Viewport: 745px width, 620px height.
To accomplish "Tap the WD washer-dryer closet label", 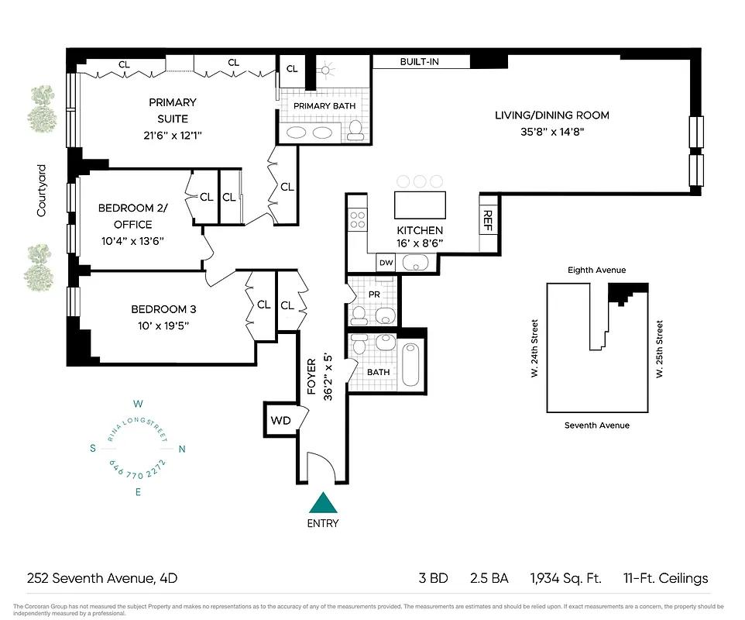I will click(280, 421).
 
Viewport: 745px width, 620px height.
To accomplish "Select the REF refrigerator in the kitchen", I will click(489, 222).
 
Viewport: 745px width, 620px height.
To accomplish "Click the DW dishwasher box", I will click(386, 263).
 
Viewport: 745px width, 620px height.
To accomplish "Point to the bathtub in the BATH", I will click(410, 363).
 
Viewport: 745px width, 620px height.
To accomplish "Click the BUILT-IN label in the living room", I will click(419, 61).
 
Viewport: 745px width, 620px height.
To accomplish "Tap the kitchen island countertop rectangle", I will click(420, 205).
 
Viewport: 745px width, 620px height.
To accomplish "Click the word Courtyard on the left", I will click(42, 190).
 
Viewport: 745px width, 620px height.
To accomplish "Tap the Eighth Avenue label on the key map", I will click(596, 270).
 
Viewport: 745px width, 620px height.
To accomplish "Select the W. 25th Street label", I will click(660, 349).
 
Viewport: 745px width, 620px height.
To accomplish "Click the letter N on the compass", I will click(182, 449).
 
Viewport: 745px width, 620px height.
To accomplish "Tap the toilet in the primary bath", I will click(355, 131).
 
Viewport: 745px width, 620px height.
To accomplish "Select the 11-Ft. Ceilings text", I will click(665, 578).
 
